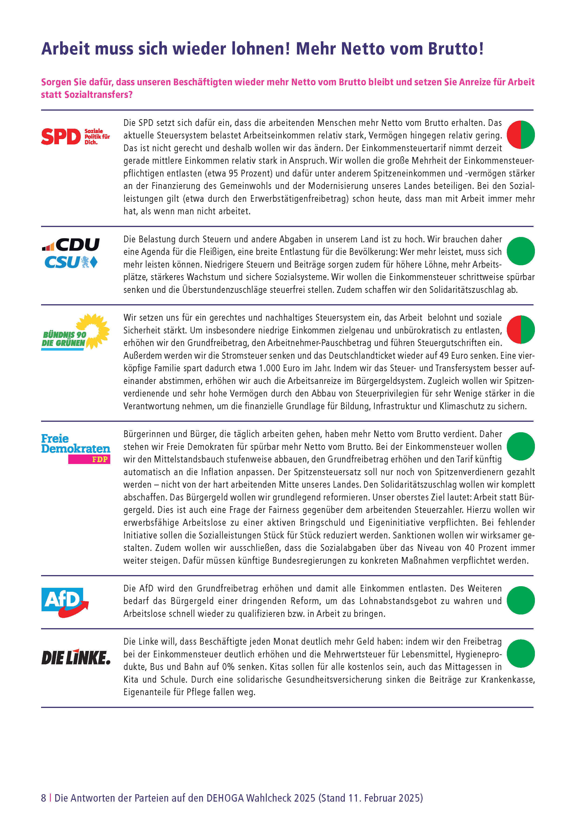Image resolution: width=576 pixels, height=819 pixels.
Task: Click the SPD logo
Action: pos(75,136)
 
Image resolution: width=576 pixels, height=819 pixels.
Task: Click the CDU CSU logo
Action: pos(71,253)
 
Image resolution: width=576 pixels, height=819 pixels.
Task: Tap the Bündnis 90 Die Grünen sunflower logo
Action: pos(75,331)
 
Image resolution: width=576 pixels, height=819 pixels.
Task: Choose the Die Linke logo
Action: pos(76,657)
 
